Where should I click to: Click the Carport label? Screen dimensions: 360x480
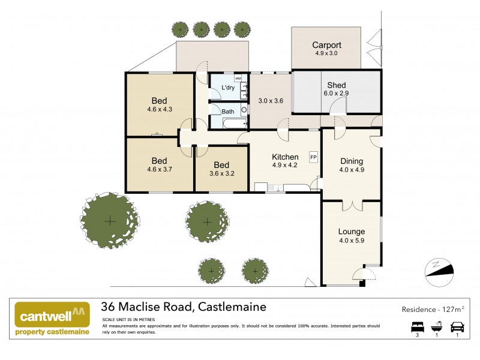[x=327, y=45]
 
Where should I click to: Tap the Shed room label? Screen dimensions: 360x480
[x=336, y=85]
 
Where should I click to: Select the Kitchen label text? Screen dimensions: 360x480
[x=285, y=157]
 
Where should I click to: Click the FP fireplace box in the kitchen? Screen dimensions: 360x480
[x=313, y=157]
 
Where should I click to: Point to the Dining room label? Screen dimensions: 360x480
[x=352, y=161]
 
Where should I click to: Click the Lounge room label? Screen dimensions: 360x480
[x=352, y=232]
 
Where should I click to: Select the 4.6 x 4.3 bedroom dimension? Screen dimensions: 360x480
[x=159, y=110]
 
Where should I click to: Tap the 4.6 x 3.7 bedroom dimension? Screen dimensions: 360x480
[x=159, y=170]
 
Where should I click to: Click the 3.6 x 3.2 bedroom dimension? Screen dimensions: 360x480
[x=221, y=174]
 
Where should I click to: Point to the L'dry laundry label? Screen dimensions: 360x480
[x=228, y=88]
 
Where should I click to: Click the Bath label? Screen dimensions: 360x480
[x=228, y=112]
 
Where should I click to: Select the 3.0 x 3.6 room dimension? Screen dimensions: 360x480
[x=270, y=101]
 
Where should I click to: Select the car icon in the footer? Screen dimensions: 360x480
[x=457, y=327]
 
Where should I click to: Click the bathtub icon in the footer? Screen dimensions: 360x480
[x=437, y=327]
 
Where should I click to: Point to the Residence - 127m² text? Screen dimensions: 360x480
[x=433, y=310]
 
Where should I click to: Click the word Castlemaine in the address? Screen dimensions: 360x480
[x=231, y=307]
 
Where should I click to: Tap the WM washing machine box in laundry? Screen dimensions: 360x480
[x=238, y=78]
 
